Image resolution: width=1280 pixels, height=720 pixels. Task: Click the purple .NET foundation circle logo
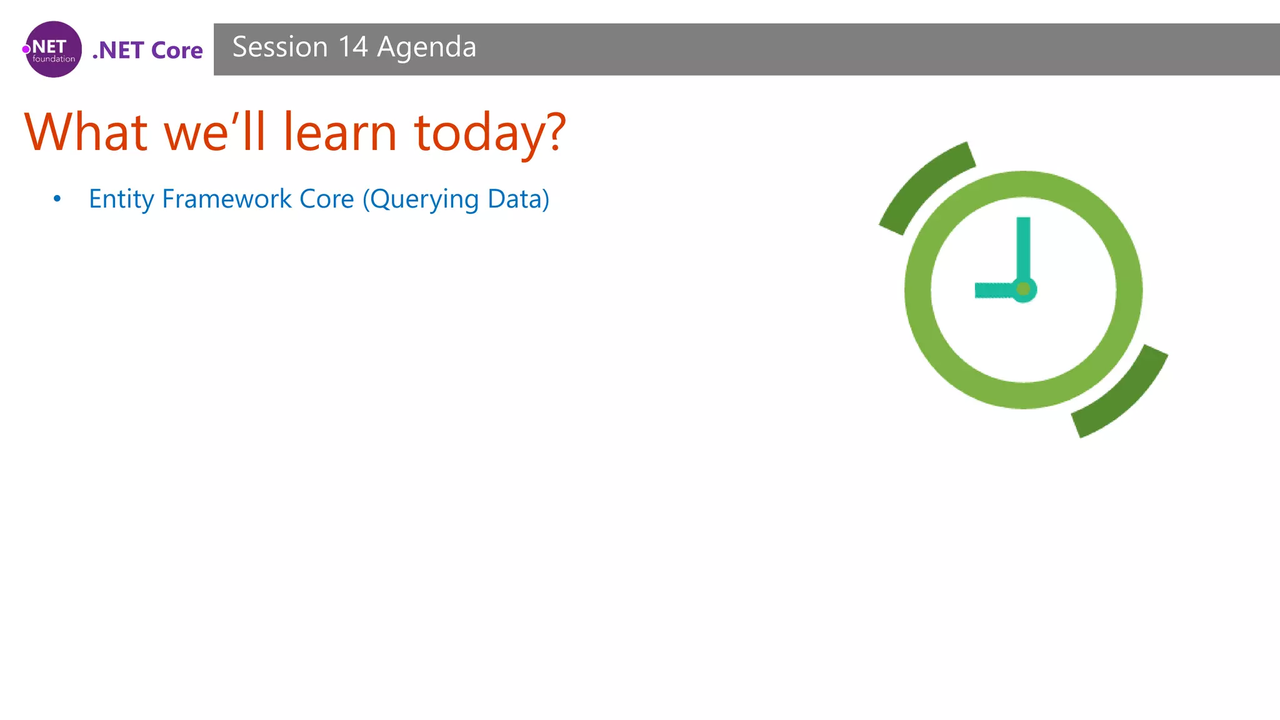(54, 49)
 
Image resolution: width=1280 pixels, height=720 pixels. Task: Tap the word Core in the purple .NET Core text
(177, 51)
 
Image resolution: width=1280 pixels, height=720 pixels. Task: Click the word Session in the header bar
(279, 47)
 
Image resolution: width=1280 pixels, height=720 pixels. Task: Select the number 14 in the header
(353, 47)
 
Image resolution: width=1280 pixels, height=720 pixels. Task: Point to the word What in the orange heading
(86, 132)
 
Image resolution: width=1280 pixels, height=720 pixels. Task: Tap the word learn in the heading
(340, 132)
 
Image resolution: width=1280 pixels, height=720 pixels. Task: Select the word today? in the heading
(489, 134)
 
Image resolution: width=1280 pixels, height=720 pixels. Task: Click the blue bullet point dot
(57, 199)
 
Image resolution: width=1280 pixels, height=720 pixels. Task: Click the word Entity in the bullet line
(121, 199)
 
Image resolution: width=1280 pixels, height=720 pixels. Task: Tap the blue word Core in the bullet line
(327, 199)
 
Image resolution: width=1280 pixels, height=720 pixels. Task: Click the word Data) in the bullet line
(518, 199)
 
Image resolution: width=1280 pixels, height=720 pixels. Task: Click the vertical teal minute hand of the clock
(1023, 247)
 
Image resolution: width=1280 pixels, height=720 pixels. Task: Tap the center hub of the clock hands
(1024, 289)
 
